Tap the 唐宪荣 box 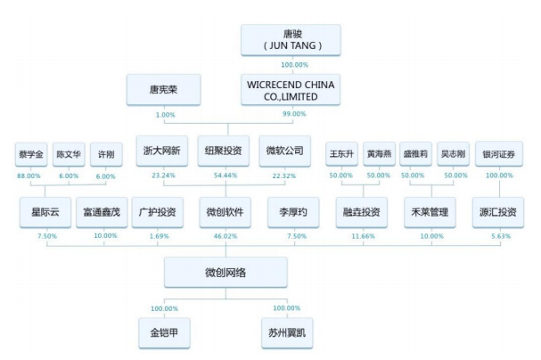165,89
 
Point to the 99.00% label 293,114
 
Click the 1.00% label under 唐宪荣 165,114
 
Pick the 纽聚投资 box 225,151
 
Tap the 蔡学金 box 30,153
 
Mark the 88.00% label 30,176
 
